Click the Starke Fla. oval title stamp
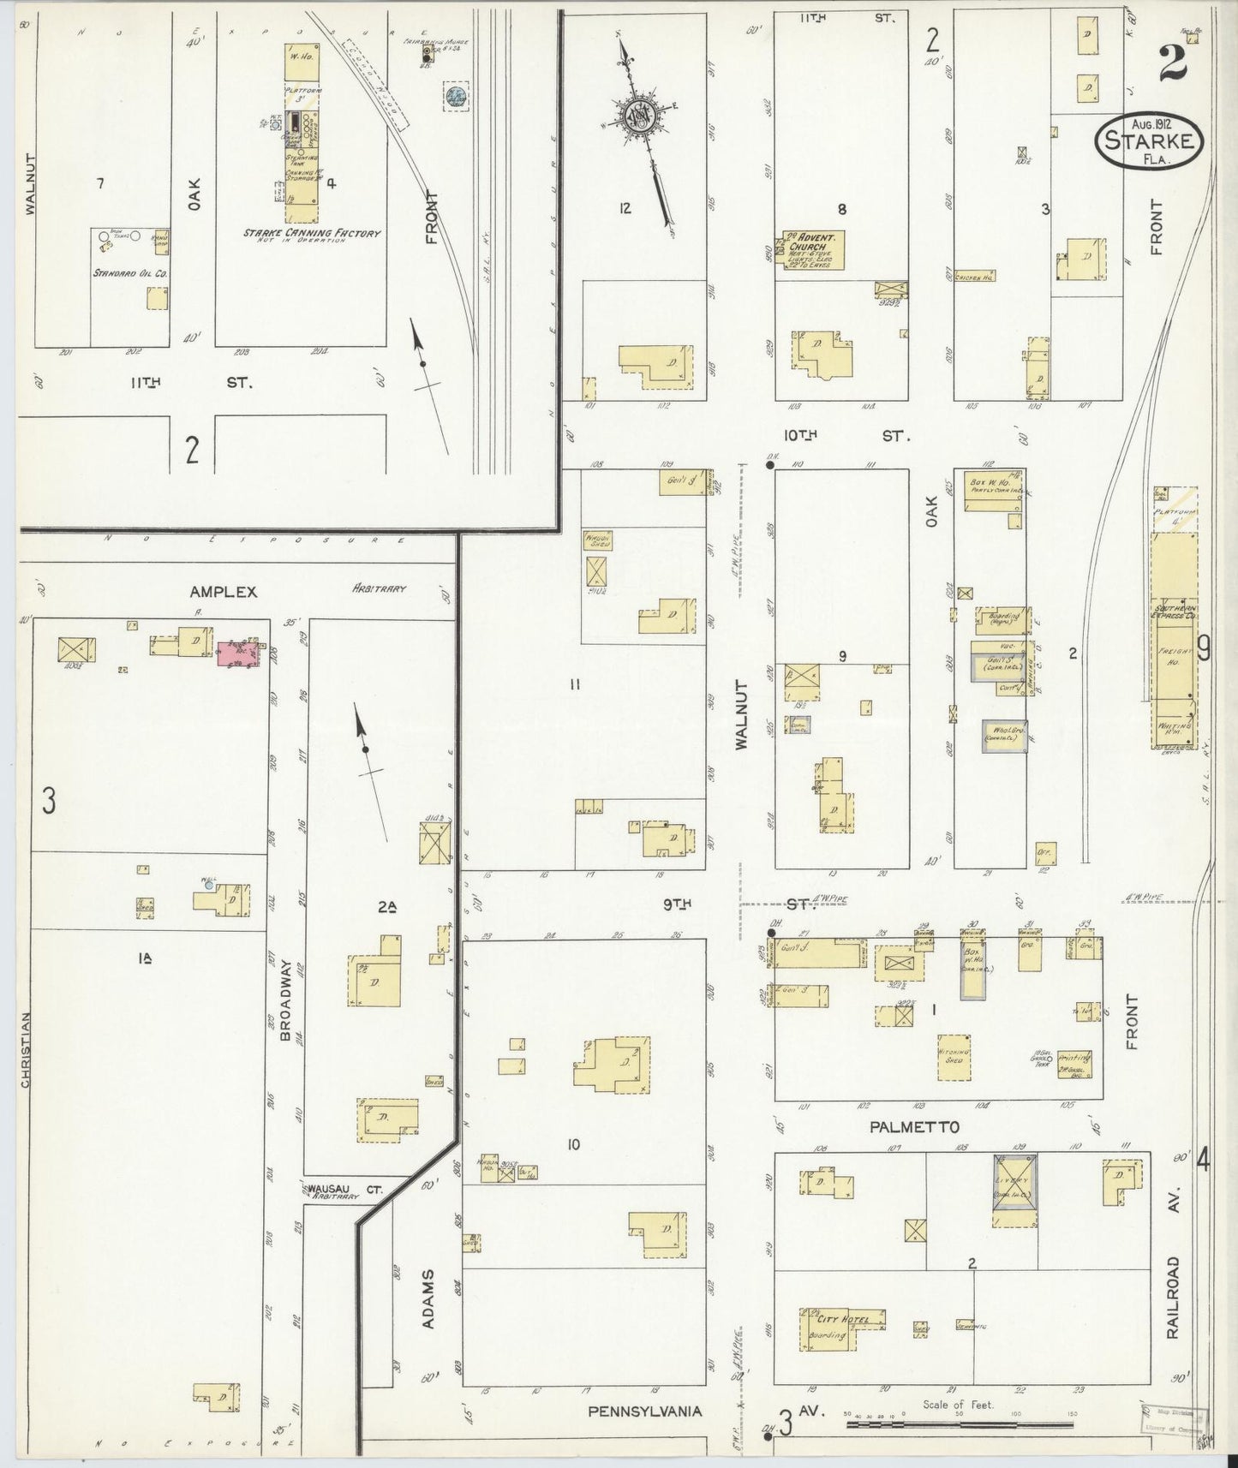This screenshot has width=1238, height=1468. [1149, 139]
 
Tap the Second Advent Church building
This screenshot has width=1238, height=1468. [812, 249]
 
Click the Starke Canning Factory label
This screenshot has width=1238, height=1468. [312, 234]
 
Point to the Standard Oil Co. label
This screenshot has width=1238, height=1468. [130, 273]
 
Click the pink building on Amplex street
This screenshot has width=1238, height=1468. [238, 654]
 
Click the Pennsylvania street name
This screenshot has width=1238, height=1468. [645, 1410]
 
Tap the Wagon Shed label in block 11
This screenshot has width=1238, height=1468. [596, 540]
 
